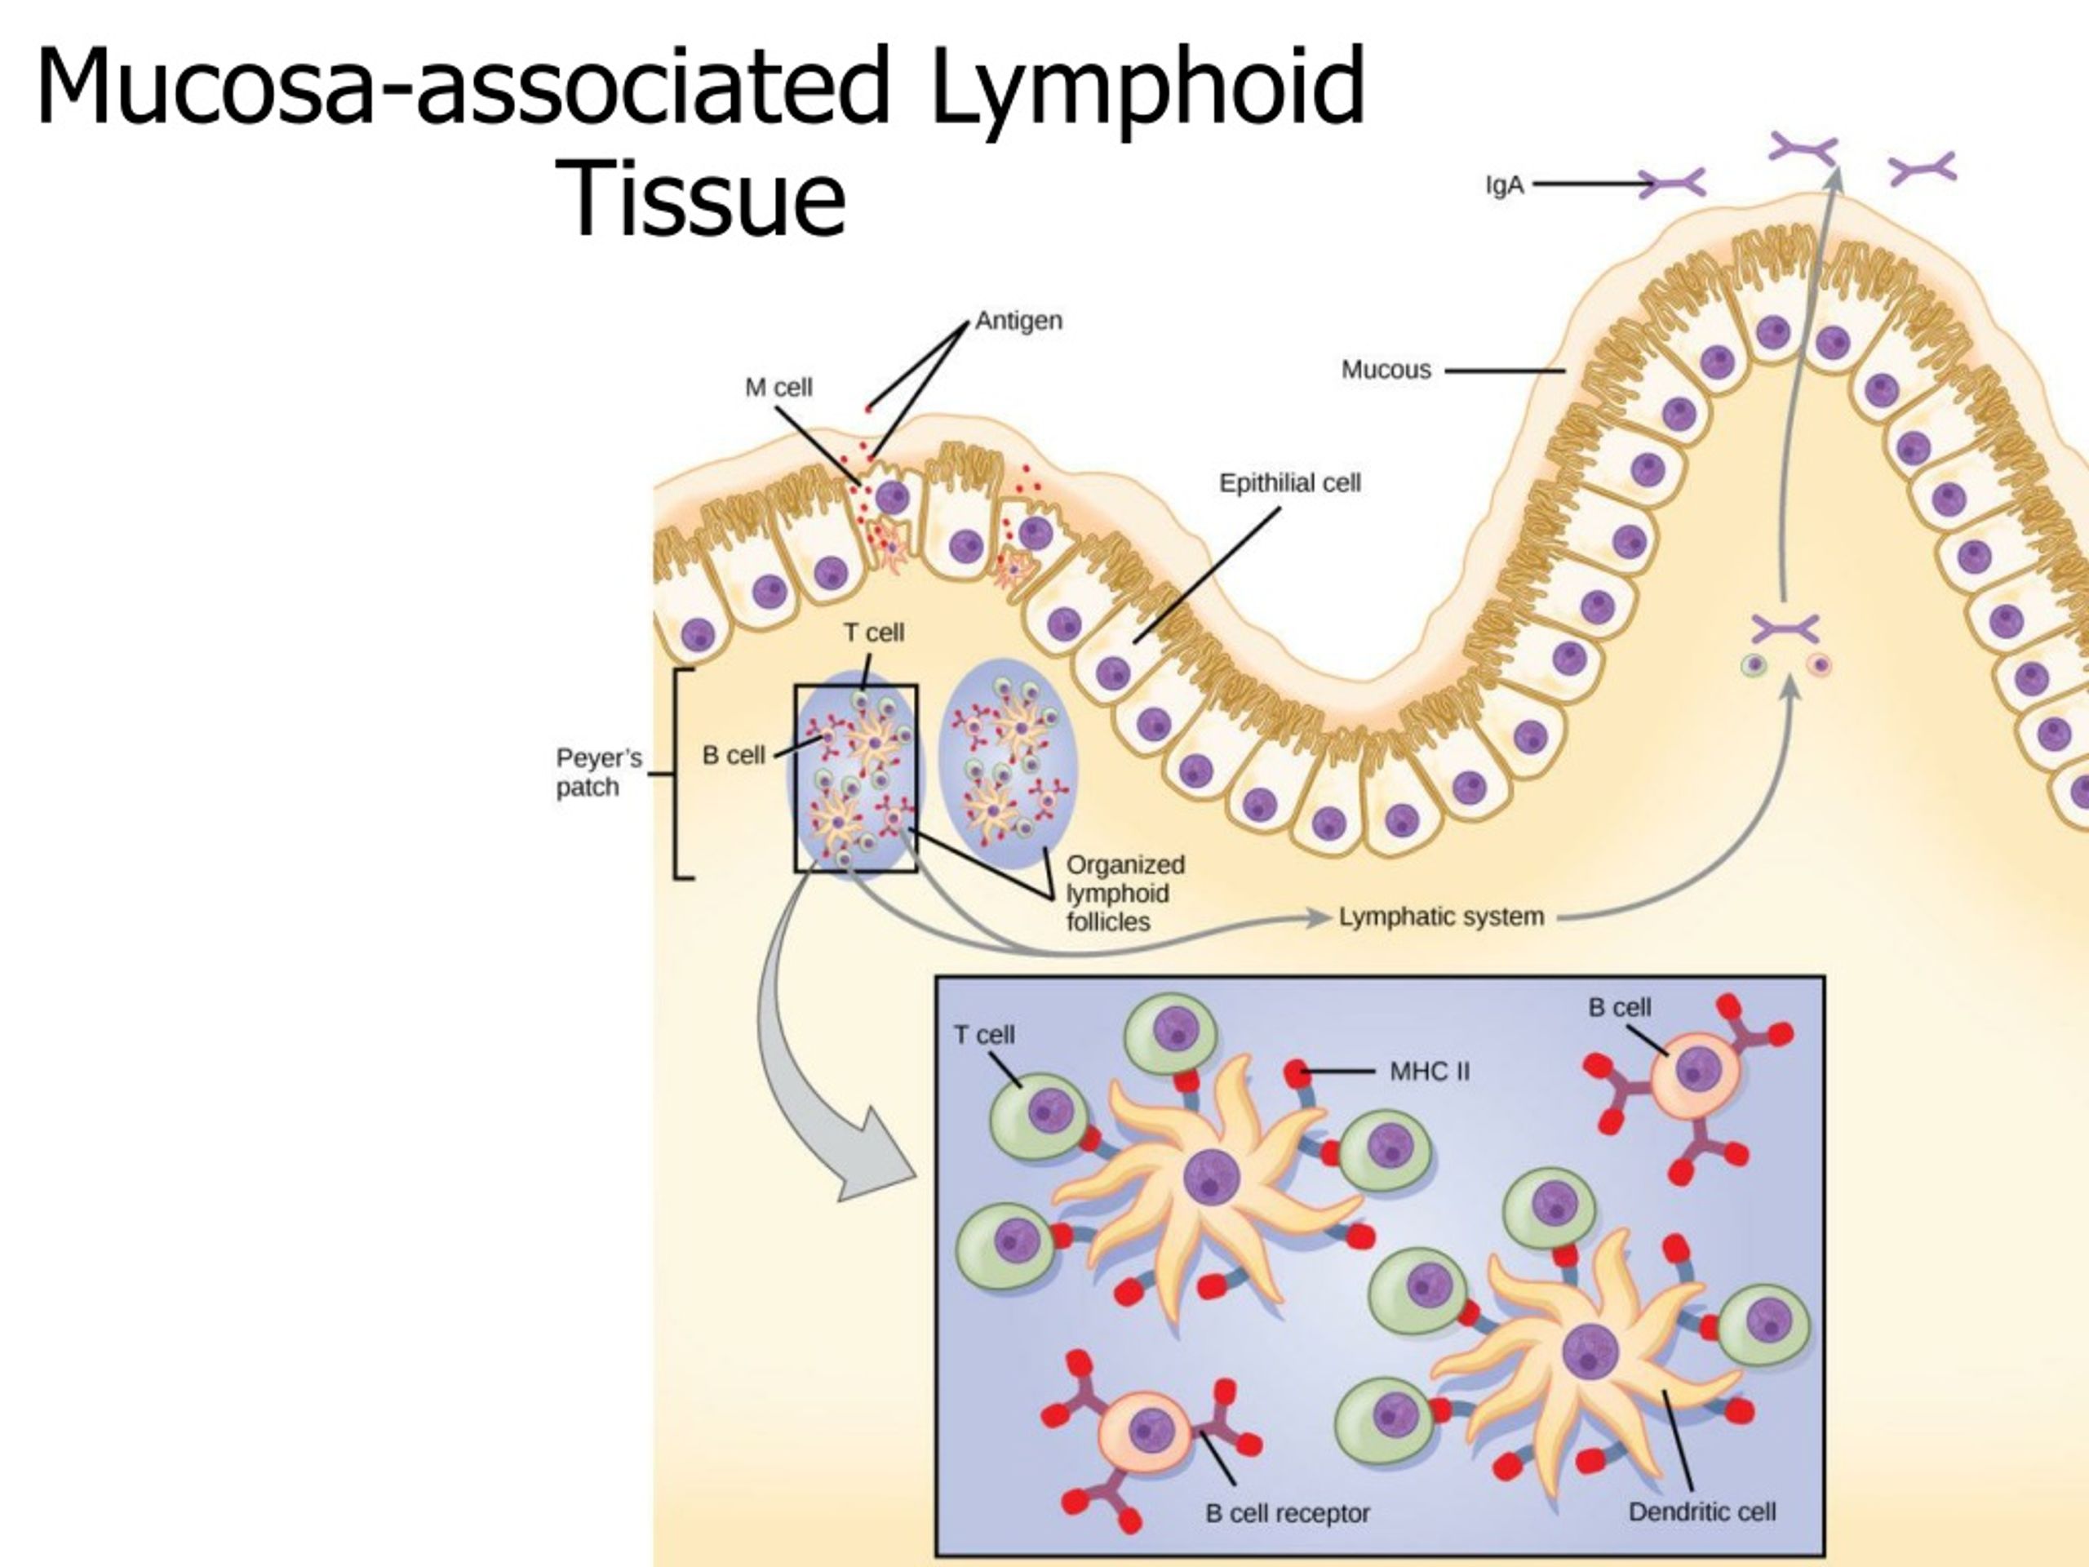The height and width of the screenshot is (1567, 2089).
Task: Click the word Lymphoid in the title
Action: (1147, 87)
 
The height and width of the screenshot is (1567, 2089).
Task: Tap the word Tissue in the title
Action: (704, 200)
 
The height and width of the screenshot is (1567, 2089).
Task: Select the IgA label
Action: (1505, 185)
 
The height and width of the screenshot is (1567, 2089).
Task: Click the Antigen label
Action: (1018, 321)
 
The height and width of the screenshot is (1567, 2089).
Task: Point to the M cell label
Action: (778, 388)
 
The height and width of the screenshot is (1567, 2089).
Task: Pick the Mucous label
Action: (1386, 370)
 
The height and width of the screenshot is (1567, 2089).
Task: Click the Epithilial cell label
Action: (1289, 484)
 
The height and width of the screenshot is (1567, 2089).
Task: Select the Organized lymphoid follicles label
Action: (1124, 893)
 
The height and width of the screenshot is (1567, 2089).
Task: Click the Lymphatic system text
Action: (1441, 917)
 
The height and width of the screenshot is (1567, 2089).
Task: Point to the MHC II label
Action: (1429, 1071)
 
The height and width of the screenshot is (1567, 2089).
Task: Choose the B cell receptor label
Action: (1286, 1513)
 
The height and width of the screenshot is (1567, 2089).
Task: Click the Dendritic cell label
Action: (1701, 1512)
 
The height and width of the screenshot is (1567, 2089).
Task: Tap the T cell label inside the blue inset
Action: (983, 1035)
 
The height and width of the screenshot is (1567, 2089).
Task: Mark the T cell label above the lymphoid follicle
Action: (874, 632)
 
